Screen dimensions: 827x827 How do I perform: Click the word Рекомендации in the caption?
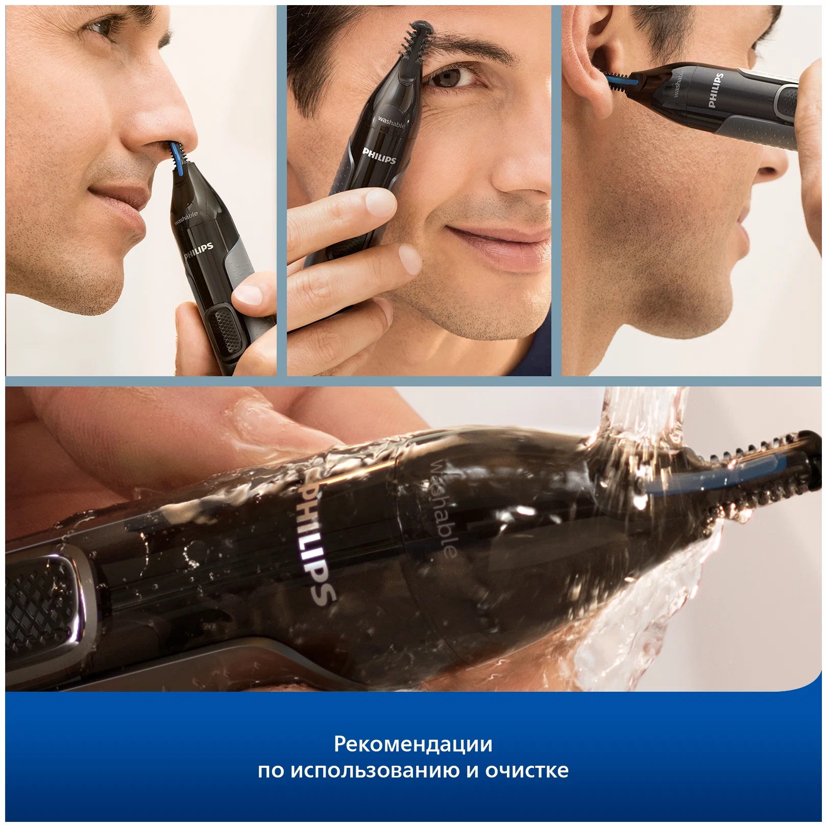[413, 744]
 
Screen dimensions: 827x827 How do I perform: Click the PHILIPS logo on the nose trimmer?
[199, 251]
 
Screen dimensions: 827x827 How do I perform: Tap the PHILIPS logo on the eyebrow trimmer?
[379, 156]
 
